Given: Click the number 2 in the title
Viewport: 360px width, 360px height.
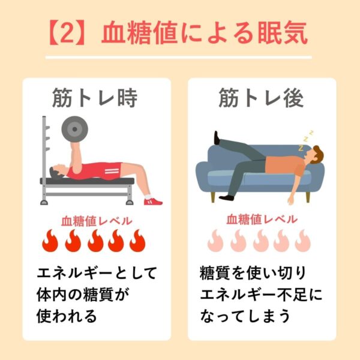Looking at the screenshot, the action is [68, 33].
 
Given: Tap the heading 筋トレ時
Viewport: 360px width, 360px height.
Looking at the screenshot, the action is [95, 98].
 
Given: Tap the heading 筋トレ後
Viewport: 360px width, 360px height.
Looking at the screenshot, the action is [261, 98].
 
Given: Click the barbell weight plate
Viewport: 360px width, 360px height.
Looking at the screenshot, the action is [74, 129].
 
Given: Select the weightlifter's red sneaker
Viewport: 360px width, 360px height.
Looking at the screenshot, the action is [153, 202].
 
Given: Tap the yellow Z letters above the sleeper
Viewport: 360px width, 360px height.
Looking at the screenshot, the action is [305, 140].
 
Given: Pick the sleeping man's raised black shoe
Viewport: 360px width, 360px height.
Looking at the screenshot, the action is [217, 137].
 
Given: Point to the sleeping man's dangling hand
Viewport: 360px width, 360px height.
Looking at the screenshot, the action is [291, 200].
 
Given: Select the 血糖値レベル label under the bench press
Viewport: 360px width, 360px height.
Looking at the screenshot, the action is [97, 221].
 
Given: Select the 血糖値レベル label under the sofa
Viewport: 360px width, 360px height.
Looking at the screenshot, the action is [262, 219].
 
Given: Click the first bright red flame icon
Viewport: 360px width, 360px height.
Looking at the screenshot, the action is [50, 241].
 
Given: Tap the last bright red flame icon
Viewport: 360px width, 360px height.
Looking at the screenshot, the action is [137, 241].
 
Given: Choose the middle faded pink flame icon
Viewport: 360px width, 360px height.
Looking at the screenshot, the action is [260, 241].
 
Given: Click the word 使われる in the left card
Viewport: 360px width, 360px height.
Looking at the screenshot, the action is [67, 316].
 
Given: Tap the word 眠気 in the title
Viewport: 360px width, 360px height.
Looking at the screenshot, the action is [283, 33].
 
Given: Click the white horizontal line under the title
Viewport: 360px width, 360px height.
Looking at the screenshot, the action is [179, 58].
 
